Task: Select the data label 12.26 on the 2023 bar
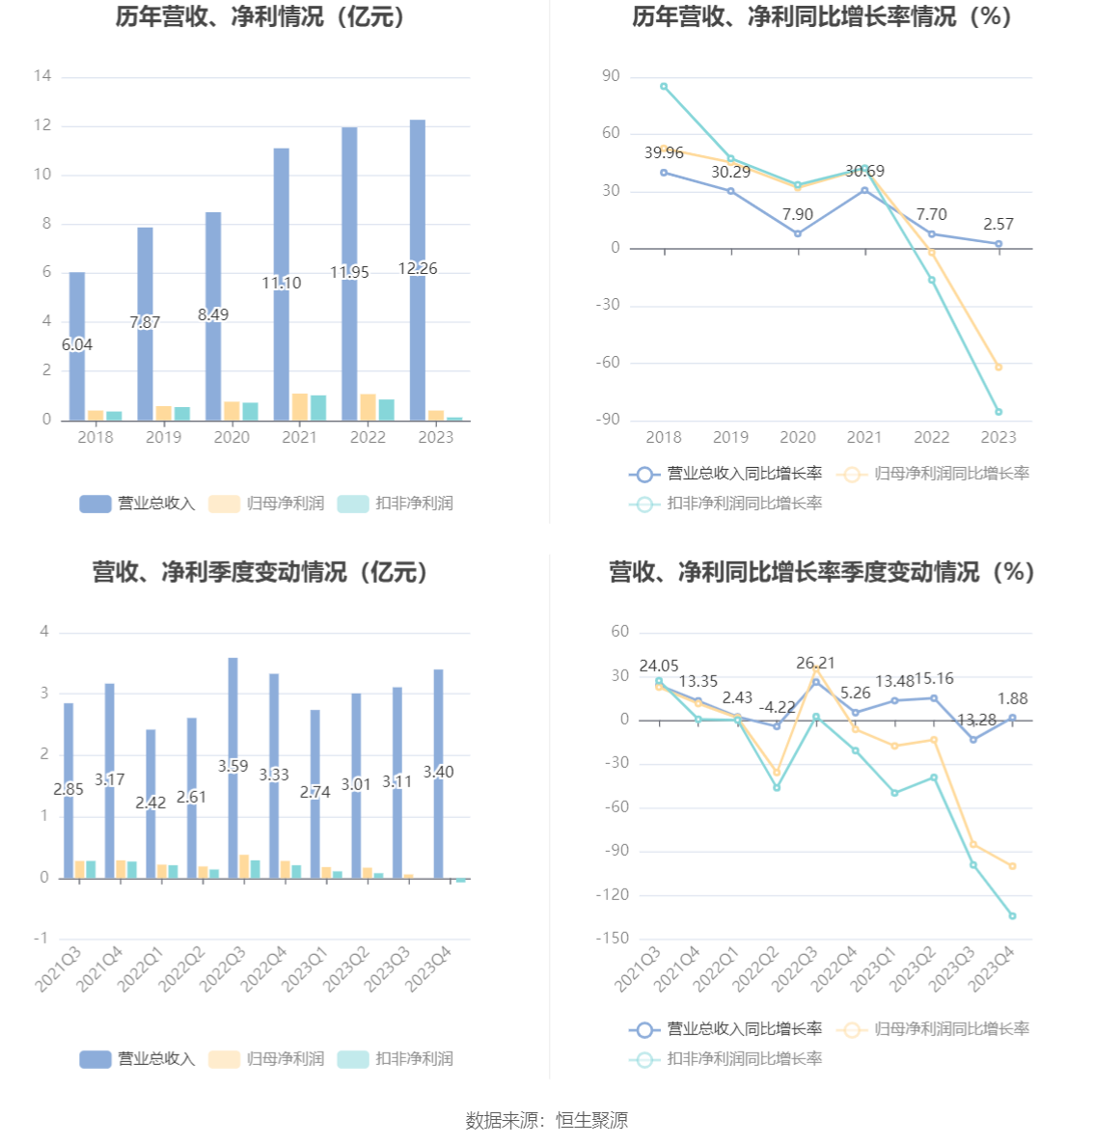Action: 418,268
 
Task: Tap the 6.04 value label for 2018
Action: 77,344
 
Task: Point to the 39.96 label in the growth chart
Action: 664,152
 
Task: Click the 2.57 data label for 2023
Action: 998,224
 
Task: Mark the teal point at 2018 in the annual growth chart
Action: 664,87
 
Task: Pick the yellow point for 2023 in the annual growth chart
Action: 998,368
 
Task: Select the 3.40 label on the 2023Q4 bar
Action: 439,772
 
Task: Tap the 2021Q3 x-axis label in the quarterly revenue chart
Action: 59,969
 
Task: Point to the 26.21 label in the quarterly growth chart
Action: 816,663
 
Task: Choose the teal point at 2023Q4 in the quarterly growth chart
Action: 1012,915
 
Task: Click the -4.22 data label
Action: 778,707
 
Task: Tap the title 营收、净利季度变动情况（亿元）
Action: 261,572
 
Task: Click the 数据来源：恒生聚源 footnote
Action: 547,1120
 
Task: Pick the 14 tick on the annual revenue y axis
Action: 41,76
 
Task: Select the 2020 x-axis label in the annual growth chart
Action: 798,437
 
